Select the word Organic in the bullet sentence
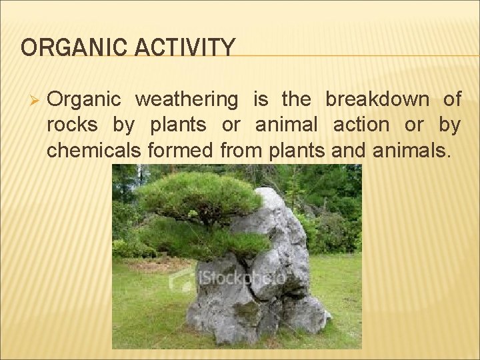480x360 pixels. (84, 100)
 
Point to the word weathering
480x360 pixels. (186, 100)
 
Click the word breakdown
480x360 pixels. (377, 100)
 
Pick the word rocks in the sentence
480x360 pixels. (71, 125)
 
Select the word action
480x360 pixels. (361, 125)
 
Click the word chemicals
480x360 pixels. (93, 150)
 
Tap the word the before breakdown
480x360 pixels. (296, 100)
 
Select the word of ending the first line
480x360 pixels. (452, 100)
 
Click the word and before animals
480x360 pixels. (348, 150)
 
